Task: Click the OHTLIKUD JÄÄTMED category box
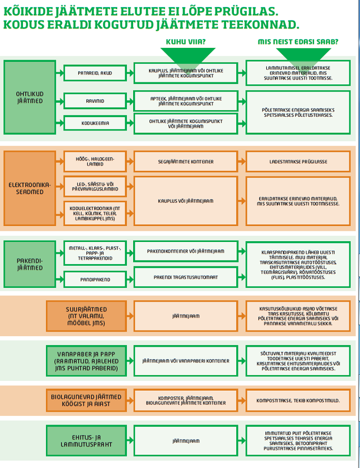(x=30, y=97)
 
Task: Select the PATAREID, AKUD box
(x=95, y=73)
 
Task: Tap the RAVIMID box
(x=95, y=101)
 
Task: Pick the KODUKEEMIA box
(x=95, y=123)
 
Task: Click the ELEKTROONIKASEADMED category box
(x=30, y=188)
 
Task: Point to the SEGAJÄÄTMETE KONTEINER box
(x=186, y=161)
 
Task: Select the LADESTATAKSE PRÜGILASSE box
(x=298, y=161)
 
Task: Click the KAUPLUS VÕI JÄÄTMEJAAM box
(x=186, y=201)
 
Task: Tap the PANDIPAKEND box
(x=95, y=279)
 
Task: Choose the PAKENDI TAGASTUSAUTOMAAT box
(x=186, y=277)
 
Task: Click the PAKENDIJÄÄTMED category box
(x=30, y=264)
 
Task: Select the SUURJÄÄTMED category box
(x=87, y=316)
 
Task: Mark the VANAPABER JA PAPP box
(x=87, y=361)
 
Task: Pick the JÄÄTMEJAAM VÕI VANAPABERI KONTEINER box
(x=186, y=361)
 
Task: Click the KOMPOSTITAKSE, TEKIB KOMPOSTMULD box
(x=298, y=400)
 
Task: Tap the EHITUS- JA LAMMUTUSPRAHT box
(x=87, y=441)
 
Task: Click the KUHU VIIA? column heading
(x=186, y=41)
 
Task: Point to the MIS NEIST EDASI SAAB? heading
(x=298, y=41)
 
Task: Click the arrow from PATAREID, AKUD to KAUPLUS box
(x=130, y=73)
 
